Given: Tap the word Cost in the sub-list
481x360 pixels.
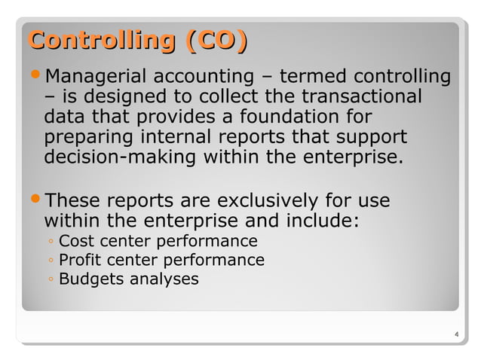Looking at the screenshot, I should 74,241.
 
